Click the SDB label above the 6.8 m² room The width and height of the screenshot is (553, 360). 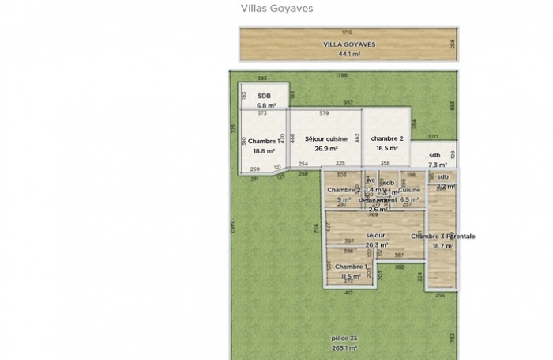click(264, 96)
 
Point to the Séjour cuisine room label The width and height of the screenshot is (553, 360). click(322, 138)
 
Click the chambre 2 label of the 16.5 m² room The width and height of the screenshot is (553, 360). click(387, 138)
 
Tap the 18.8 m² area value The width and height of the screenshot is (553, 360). click(264, 150)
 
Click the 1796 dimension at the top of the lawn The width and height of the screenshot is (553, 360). click(341, 75)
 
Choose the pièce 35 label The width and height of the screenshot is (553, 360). click(344, 338)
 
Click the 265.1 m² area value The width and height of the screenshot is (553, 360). click(344, 347)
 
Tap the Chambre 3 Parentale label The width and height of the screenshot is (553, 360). click(442, 236)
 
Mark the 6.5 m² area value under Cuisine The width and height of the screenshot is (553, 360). click(408, 200)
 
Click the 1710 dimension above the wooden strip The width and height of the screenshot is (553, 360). click(348, 31)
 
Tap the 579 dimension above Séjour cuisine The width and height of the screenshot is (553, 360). click(323, 114)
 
